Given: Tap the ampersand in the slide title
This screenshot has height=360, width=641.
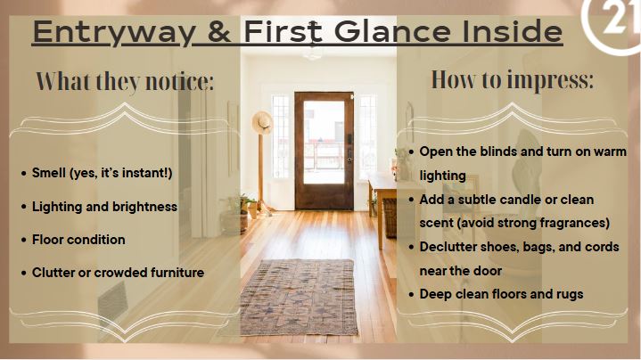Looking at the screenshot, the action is (x=219, y=31).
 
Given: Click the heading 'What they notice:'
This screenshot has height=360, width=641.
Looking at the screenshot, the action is (x=125, y=81).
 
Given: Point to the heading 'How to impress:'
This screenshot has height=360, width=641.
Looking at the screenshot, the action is (x=513, y=79).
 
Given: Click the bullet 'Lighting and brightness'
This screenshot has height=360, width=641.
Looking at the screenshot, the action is (x=104, y=207).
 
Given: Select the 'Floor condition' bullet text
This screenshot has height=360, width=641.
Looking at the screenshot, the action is (x=78, y=240).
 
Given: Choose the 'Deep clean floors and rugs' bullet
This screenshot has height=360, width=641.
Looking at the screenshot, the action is (x=501, y=294).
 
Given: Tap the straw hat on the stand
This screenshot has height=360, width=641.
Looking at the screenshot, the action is (x=262, y=122).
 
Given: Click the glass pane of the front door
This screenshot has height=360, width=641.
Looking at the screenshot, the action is (x=325, y=143).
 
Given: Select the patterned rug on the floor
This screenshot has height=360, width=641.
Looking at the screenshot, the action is (x=300, y=297).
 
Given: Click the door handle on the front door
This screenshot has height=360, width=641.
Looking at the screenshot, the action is (x=349, y=158).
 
